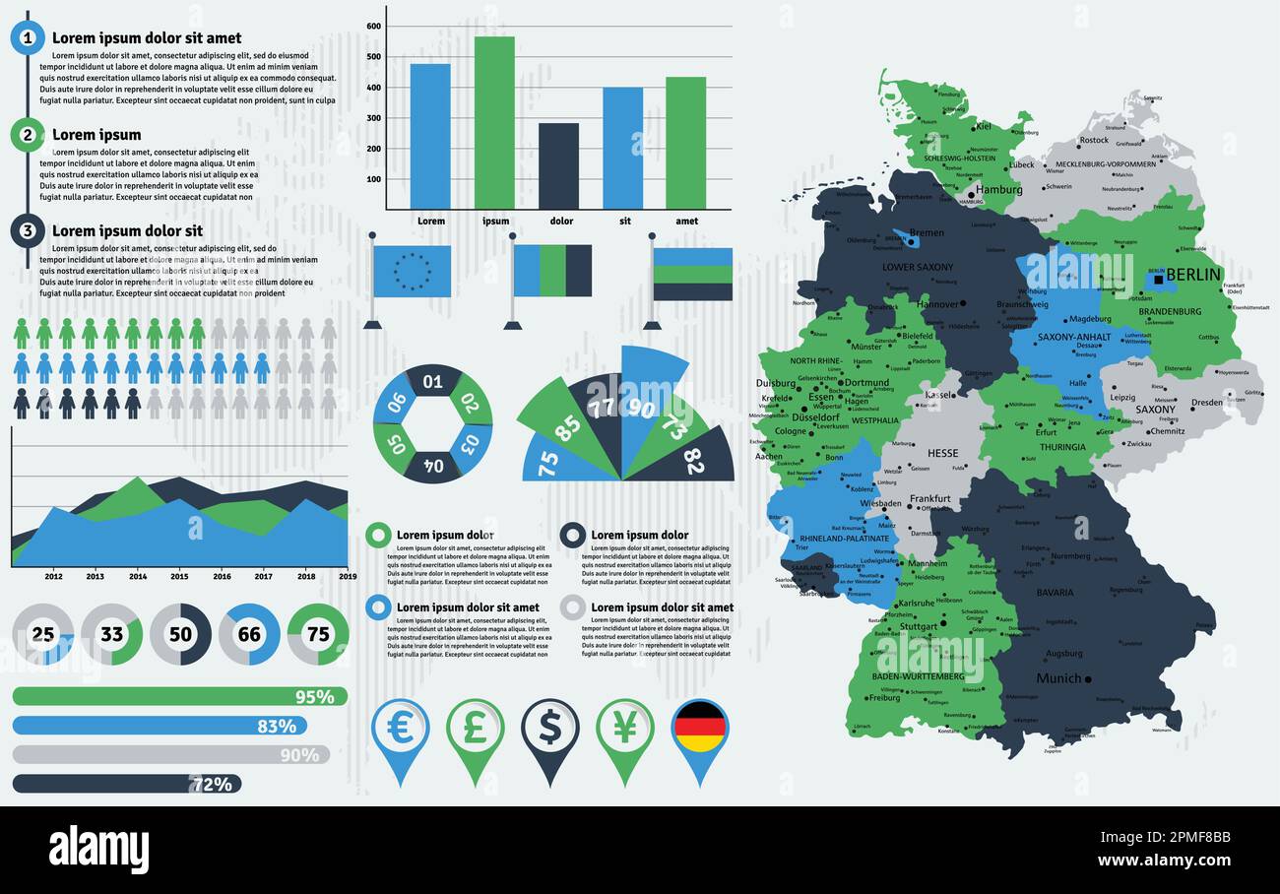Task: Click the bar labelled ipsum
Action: click(x=494, y=123)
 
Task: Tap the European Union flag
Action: click(x=413, y=271)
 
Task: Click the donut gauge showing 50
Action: click(x=180, y=634)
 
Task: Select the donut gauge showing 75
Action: click(x=318, y=634)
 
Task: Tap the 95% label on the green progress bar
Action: click(x=315, y=697)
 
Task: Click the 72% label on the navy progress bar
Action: click(x=212, y=784)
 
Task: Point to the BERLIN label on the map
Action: click(x=1192, y=275)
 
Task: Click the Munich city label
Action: click(x=1058, y=678)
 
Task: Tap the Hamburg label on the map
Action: click(x=998, y=189)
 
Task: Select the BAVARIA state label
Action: click(x=1055, y=593)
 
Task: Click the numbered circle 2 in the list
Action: click(x=28, y=135)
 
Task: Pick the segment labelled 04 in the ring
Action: click(x=433, y=464)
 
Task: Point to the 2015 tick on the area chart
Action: click(x=179, y=576)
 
